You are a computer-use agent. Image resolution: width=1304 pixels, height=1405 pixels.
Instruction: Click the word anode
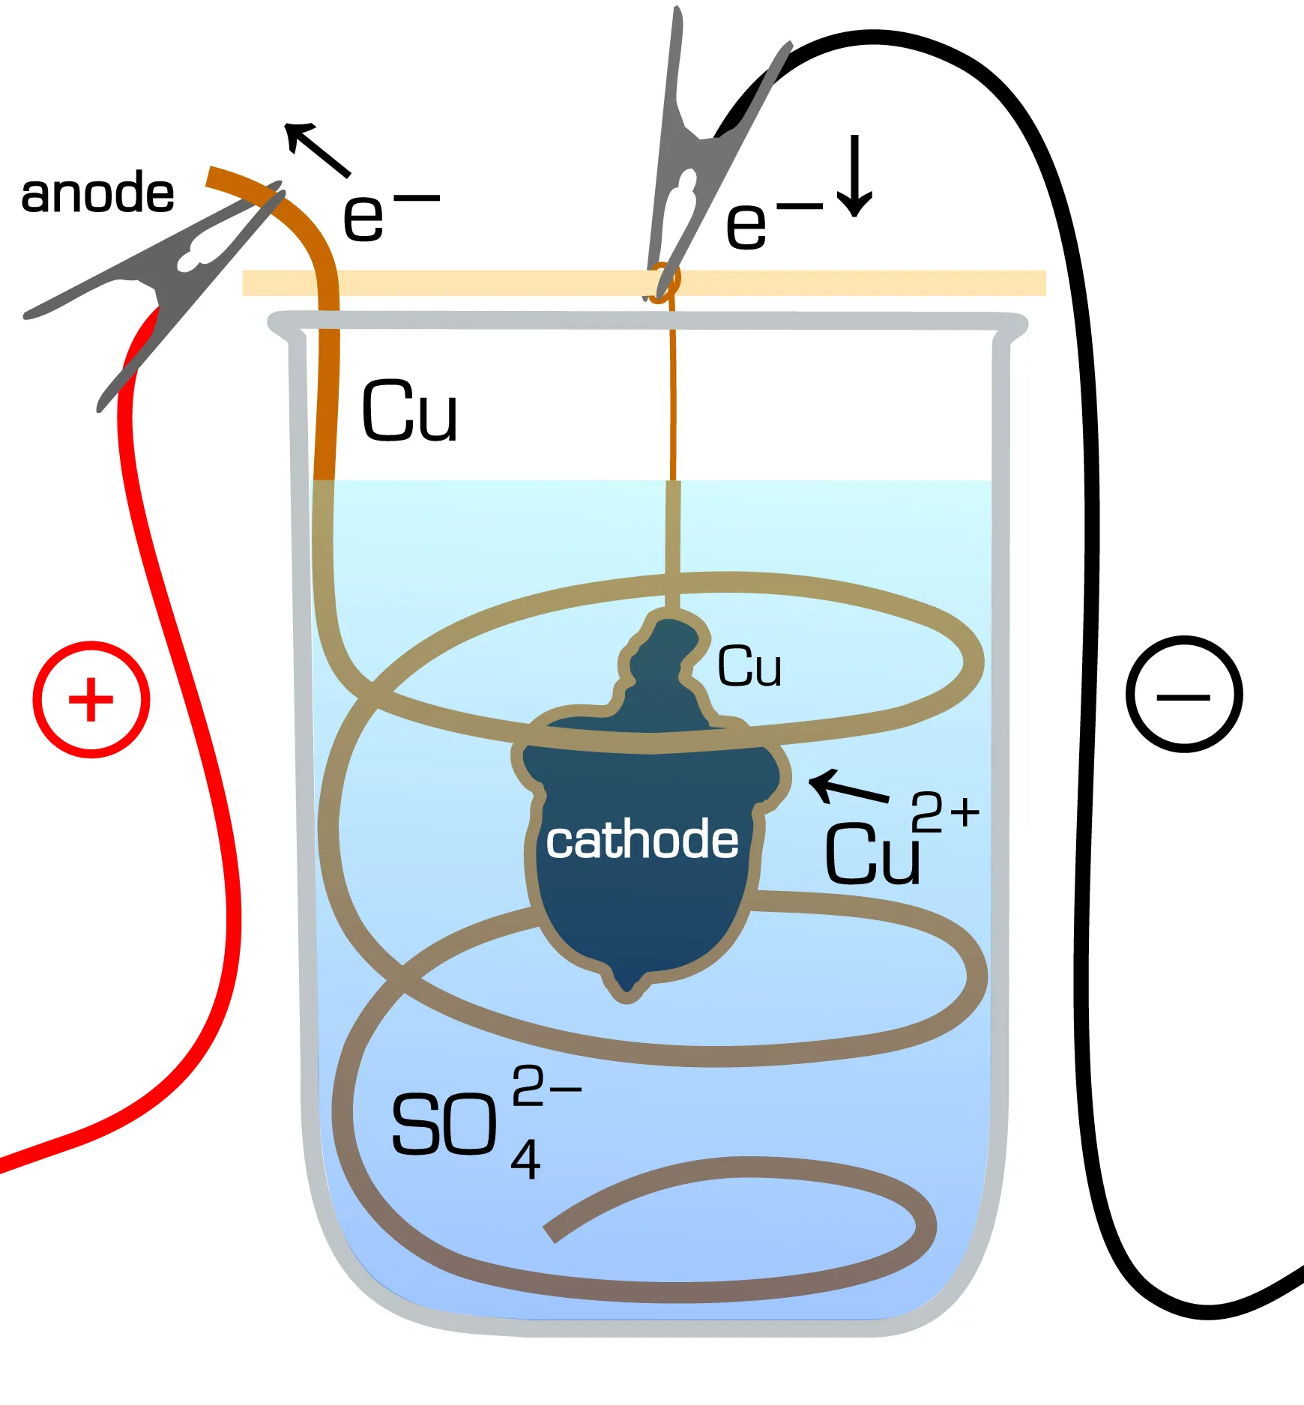[x=97, y=193]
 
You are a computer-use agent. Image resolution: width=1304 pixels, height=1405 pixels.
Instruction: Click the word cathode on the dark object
[x=642, y=840]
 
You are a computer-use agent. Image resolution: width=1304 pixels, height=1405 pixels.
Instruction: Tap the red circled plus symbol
[x=91, y=699]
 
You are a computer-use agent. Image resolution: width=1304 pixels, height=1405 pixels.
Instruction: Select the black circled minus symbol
[x=1183, y=695]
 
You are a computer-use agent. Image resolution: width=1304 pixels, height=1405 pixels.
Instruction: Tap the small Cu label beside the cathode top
[x=749, y=666]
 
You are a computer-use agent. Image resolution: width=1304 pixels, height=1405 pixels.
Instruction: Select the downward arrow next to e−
[x=854, y=176]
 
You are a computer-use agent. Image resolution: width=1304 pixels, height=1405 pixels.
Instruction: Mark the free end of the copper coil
[x=551, y=1232]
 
